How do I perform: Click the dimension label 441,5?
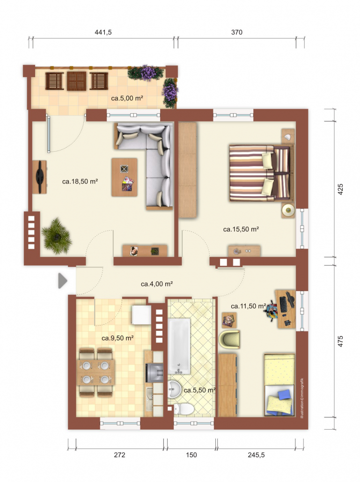click(x=103, y=32)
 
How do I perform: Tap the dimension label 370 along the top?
click(x=237, y=32)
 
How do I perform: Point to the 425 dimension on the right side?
click(x=340, y=190)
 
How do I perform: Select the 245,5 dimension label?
click(x=256, y=455)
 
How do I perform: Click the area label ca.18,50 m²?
click(x=80, y=182)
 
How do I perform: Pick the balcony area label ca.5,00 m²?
click(x=127, y=98)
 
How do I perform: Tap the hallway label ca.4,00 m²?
click(x=157, y=284)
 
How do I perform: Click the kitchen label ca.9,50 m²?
click(x=118, y=338)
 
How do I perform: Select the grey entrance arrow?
click(x=63, y=281)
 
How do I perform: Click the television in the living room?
click(x=40, y=177)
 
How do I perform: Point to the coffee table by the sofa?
click(x=125, y=177)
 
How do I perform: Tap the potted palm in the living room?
click(x=57, y=236)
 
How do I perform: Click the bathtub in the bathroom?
click(x=179, y=346)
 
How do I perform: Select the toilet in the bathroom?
click(x=184, y=409)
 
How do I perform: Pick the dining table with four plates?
click(x=96, y=372)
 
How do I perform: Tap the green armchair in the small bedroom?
click(x=229, y=339)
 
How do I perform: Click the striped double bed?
click(x=260, y=173)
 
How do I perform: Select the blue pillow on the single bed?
click(x=284, y=394)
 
